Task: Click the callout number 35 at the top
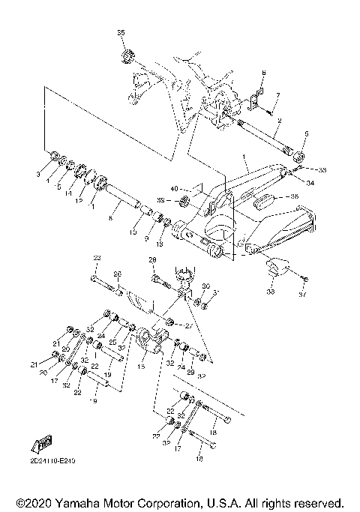tap(121, 34)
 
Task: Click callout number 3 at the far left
tap(49, 174)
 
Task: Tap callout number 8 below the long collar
tap(110, 217)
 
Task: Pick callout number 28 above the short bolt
tap(151, 261)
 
